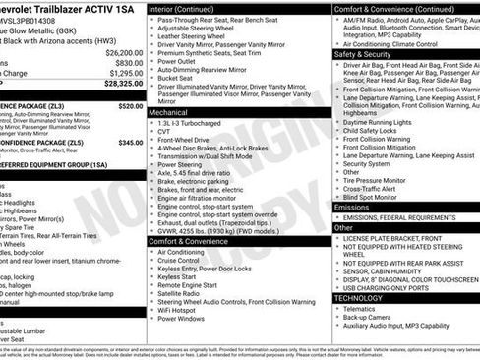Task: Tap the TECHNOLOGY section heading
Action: pyautogui.click(x=358, y=297)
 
